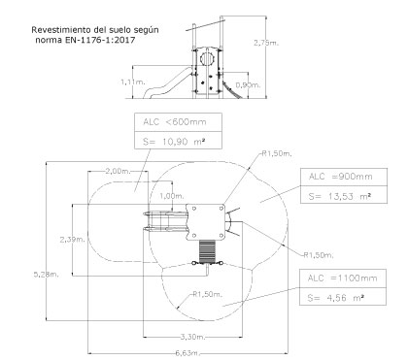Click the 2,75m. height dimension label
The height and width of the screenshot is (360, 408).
coord(266,43)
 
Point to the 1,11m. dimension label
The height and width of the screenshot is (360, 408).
coord(133,82)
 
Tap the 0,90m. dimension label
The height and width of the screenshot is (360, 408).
coord(248,85)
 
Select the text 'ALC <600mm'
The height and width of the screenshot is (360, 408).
coord(175,122)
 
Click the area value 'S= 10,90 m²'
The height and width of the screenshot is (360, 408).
coord(174,142)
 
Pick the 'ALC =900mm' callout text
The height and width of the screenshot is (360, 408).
coord(341,177)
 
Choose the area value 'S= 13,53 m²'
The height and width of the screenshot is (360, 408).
coord(340,196)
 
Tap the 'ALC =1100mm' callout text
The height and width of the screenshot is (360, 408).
coord(342,278)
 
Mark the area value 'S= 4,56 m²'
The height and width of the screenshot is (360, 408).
coord(336,298)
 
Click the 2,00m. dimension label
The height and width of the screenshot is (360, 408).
coord(118,171)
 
